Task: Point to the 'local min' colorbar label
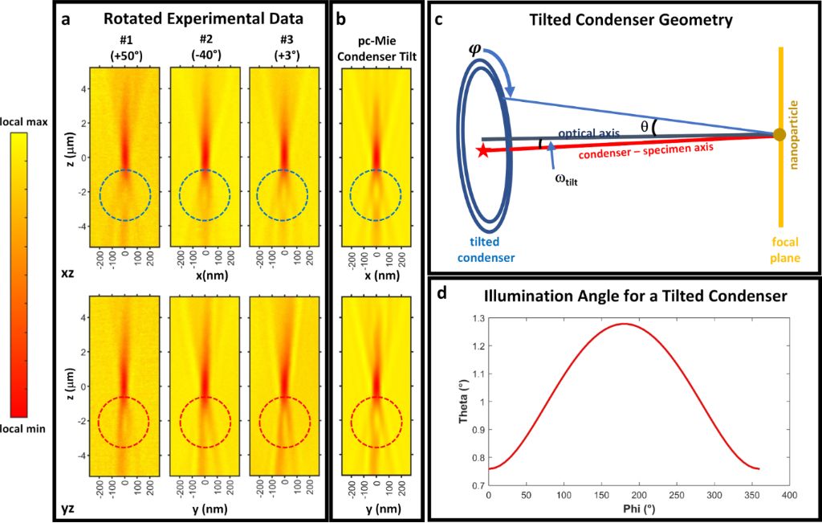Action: [24, 429]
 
